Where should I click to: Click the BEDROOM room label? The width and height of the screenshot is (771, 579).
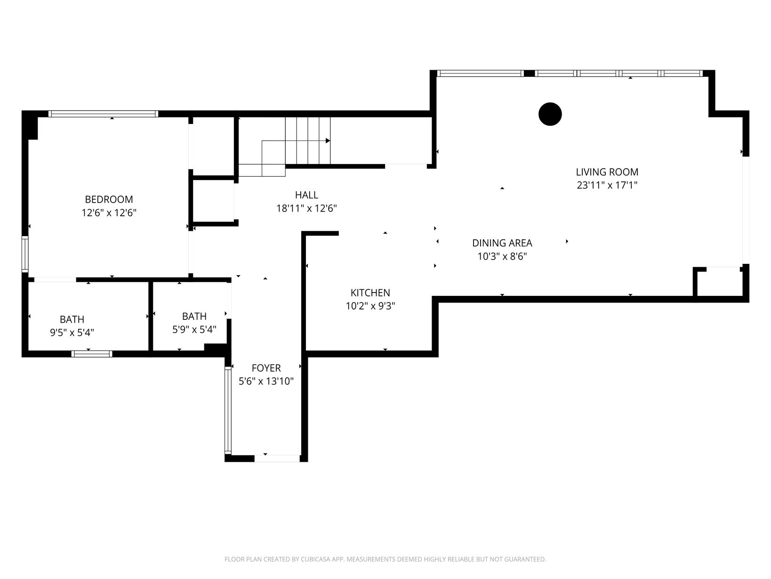pyautogui.click(x=109, y=199)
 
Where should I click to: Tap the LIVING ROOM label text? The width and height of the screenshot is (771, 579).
pyautogui.click(x=607, y=172)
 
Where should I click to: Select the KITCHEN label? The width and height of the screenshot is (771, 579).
pyautogui.click(x=370, y=293)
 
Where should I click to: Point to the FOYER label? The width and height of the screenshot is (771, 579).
pyautogui.click(x=266, y=368)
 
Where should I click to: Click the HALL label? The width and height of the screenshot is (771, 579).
pyautogui.click(x=306, y=195)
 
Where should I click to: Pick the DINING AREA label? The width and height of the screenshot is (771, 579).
pyautogui.click(x=502, y=243)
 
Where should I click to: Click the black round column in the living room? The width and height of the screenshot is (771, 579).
pyautogui.click(x=550, y=114)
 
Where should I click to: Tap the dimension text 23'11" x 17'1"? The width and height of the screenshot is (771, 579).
pyautogui.click(x=607, y=185)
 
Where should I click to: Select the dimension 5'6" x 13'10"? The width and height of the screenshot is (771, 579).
pyautogui.click(x=266, y=381)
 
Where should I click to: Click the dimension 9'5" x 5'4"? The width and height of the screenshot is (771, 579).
pyautogui.click(x=72, y=332)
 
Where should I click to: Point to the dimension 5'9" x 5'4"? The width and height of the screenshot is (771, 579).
pyautogui.click(x=194, y=329)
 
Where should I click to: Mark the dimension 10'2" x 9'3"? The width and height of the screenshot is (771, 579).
pyautogui.click(x=370, y=306)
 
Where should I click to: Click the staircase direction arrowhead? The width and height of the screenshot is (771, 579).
pyautogui.click(x=328, y=140)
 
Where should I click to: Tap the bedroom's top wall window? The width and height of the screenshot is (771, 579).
pyautogui.click(x=103, y=114)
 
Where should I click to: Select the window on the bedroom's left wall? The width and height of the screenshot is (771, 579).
pyautogui.click(x=25, y=254)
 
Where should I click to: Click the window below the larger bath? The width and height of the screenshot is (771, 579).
pyautogui.click(x=92, y=354)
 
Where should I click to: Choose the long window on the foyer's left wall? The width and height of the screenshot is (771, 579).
pyautogui.click(x=228, y=409)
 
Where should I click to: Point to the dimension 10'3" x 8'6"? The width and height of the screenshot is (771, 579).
pyautogui.click(x=502, y=256)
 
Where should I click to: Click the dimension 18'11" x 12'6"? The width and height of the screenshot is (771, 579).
pyautogui.click(x=306, y=208)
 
